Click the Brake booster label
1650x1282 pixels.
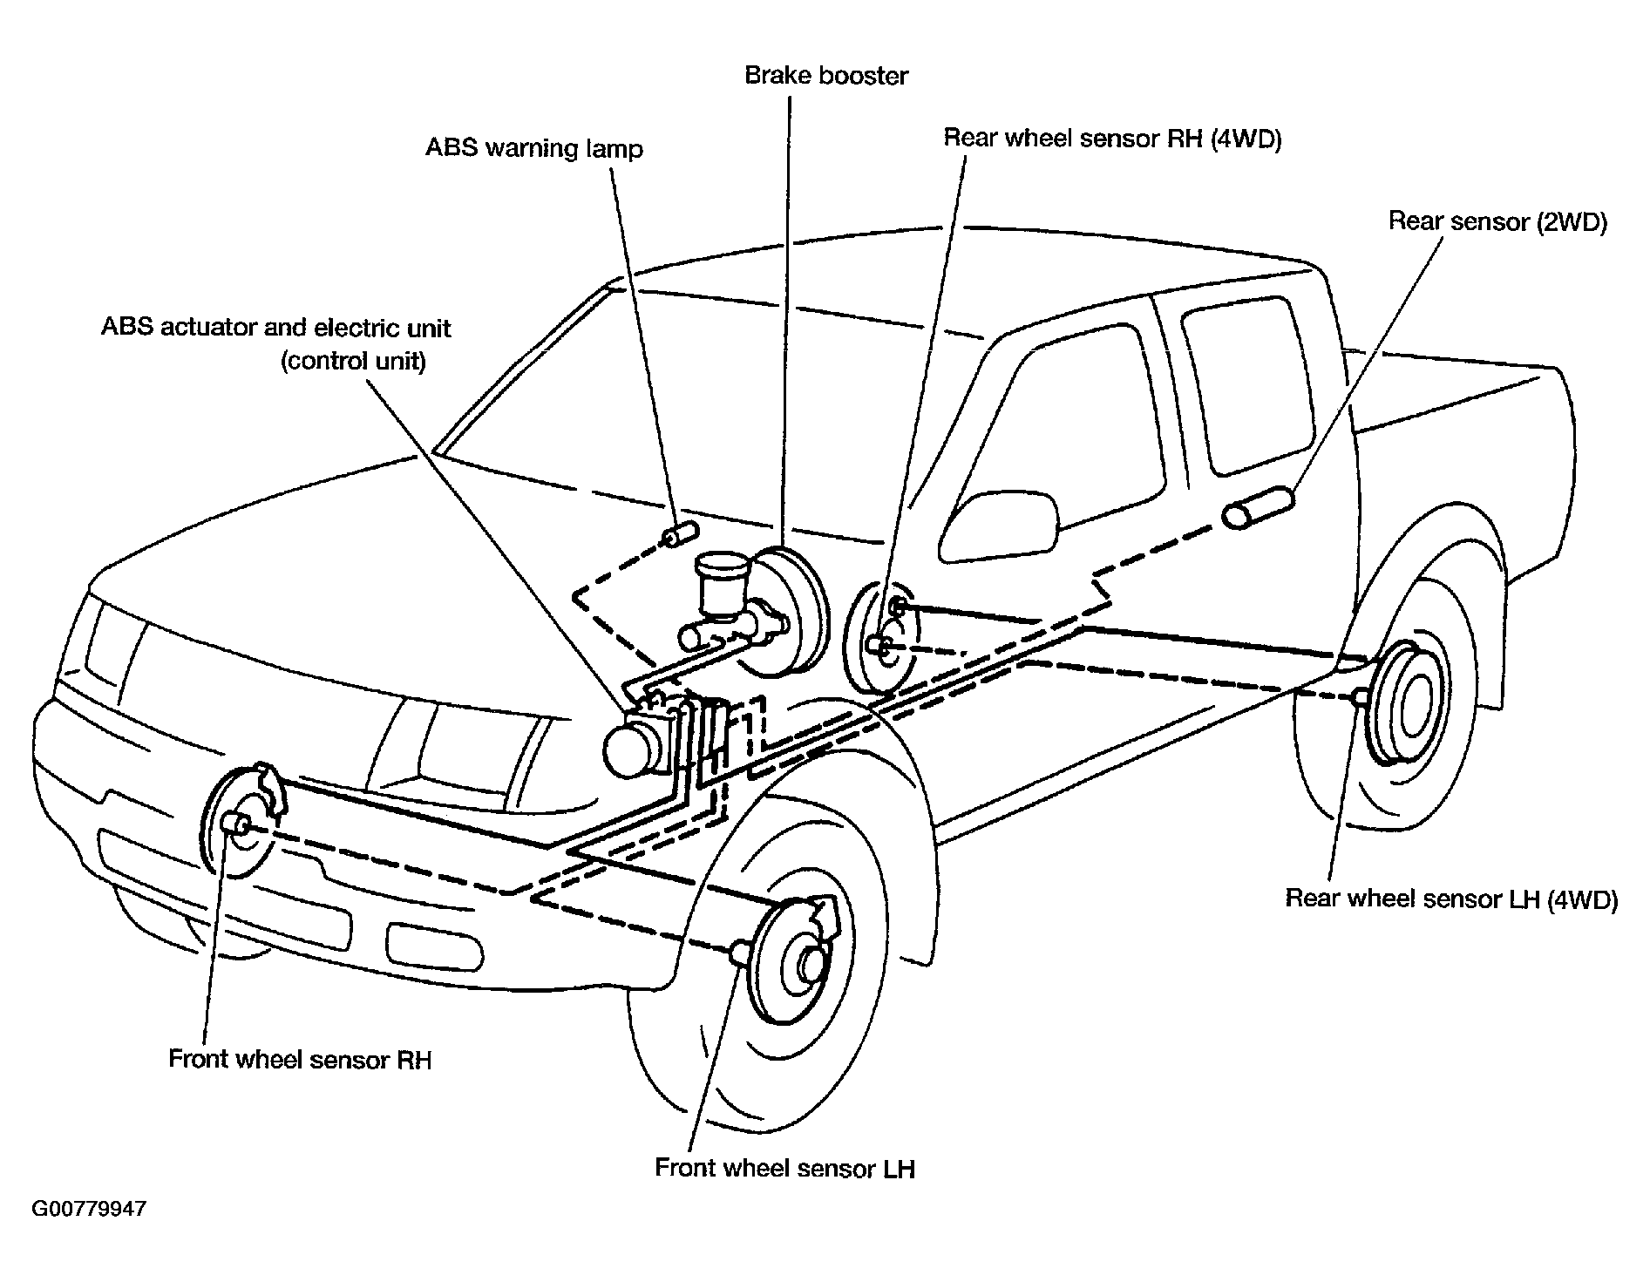[x=825, y=76]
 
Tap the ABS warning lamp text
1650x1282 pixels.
[x=533, y=148]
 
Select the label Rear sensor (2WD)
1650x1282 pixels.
[x=1497, y=221]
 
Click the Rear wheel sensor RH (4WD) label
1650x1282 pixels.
[x=1113, y=139]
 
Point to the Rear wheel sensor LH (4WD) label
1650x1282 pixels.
[x=1451, y=899]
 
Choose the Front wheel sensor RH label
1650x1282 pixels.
[x=300, y=1059]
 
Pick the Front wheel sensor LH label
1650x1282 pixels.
[x=784, y=1168]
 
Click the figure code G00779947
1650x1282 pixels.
[x=89, y=1210]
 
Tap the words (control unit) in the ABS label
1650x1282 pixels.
[x=353, y=361]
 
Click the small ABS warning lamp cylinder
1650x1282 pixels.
[x=681, y=533]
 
